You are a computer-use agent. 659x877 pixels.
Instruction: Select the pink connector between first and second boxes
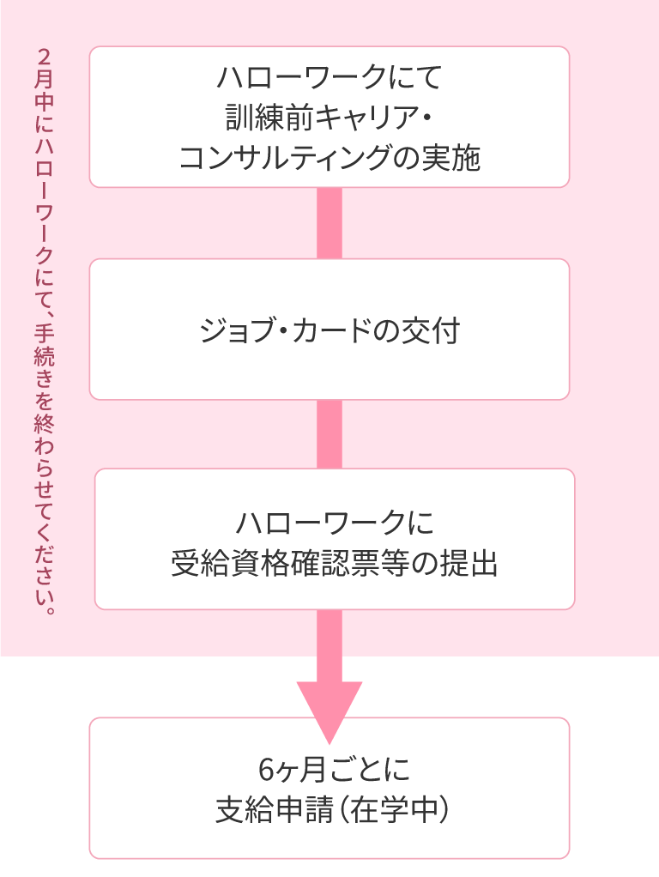329,223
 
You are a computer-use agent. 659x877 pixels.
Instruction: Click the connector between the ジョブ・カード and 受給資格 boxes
329,434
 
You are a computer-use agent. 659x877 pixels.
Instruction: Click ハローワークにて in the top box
329,78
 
